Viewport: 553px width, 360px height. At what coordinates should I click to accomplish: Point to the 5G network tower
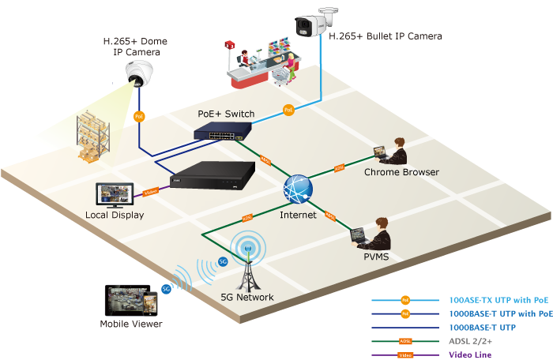point(248,264)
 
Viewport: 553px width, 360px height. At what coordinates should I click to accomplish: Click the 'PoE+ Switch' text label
point(226,114)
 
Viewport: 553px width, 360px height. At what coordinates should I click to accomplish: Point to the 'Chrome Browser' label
point(401,172)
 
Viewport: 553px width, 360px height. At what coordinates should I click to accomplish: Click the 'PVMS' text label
point(375,257)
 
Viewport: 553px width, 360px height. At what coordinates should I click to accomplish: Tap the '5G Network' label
point(248,298)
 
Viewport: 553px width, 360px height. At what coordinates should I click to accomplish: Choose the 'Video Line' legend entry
point(471,354)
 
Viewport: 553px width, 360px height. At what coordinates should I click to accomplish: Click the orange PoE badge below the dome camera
point(139,116)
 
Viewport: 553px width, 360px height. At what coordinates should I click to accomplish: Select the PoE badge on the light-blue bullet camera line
point(288,110)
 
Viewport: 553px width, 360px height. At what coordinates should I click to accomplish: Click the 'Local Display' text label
point(115,215)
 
